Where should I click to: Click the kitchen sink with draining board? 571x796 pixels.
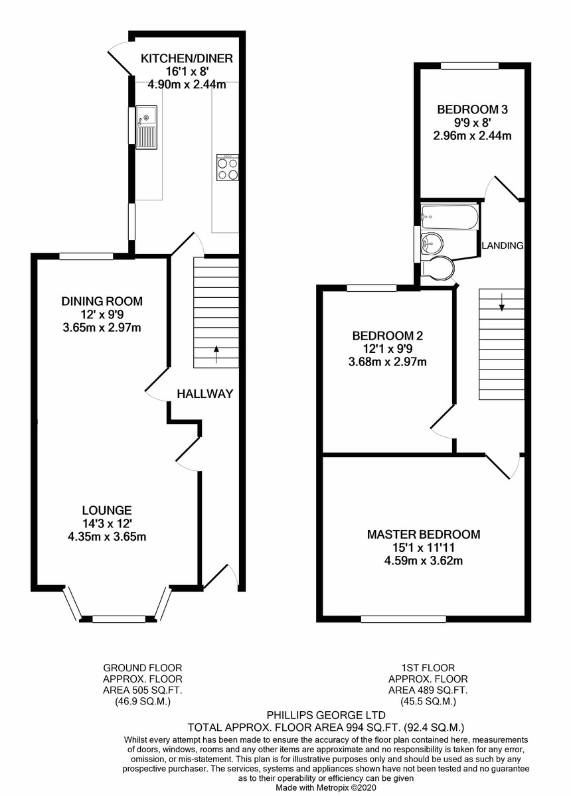tap(146, 127)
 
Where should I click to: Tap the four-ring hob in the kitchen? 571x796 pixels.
tap(228, 167)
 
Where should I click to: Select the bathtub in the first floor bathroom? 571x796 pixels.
tap(449, 216)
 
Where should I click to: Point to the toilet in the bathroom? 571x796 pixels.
tap(438, 268)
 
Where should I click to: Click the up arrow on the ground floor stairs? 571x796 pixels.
tap(216, 354)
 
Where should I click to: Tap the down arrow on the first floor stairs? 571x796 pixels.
tap(502, 302)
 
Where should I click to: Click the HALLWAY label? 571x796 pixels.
tap(205, 394)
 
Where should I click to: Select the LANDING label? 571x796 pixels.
tap(503, 245)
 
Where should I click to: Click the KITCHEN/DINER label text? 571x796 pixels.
tap(187, 58)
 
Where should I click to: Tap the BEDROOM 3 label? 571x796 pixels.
tap(472, 109)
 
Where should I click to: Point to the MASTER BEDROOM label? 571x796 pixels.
tap(424, 535)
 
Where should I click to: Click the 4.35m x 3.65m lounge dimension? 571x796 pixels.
tap(107, 537)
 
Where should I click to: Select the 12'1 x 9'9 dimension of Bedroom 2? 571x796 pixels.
tap(388, 349)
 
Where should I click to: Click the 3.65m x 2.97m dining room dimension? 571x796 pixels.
tap(102, 327)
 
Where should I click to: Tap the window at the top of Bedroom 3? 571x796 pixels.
tap(469, 66)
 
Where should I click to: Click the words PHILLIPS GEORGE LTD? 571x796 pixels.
tap(326, 714)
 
